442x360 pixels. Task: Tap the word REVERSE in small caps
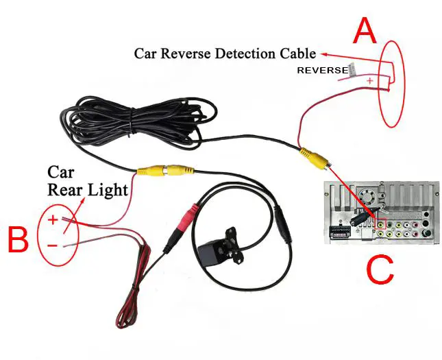(x=322, y=71)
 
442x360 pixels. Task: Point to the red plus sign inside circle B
(x=53, y=220)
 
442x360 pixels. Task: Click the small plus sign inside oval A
(x=371, y=82)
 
